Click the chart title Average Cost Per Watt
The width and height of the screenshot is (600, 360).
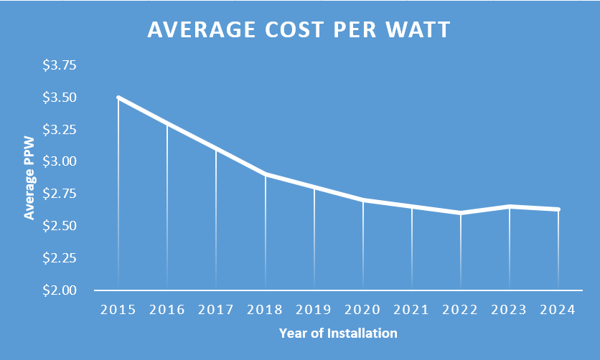tap(299, 30)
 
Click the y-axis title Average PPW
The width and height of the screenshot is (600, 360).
tap(29, 180)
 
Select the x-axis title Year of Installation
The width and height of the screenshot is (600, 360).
tap(337, 333)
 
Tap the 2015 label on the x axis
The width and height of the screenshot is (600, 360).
tap(118, 310)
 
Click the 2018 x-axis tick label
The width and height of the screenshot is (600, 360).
tap(265, 310)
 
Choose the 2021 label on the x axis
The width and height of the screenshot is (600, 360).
tap(412, 310)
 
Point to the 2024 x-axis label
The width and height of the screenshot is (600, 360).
tap(558, 310)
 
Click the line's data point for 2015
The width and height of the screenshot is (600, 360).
tap(118, 98)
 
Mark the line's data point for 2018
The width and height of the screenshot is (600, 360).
tap(266, 174)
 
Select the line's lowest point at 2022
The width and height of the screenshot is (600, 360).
tap(461, 213)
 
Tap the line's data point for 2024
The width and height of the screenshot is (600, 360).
tap(558, 209)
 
